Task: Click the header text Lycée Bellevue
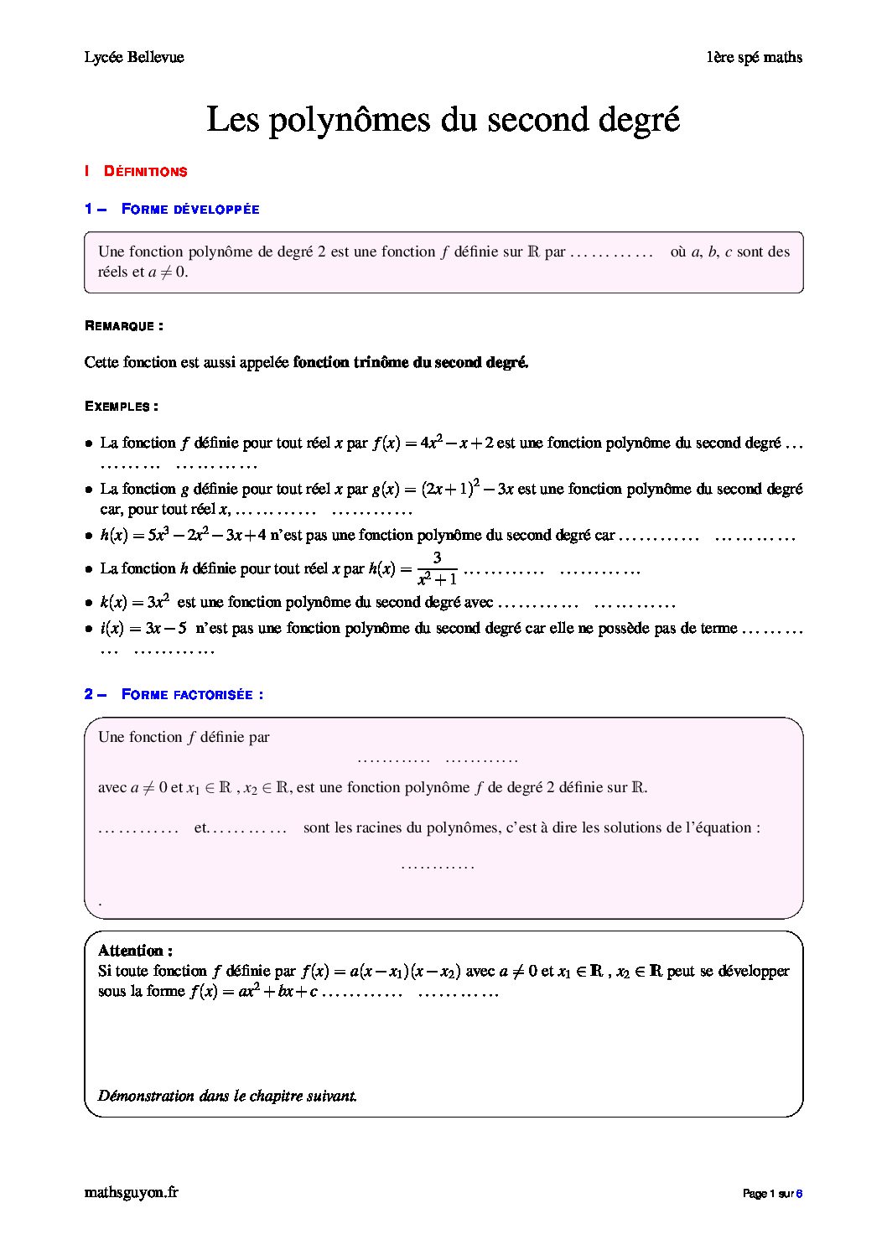[x=134, y=57]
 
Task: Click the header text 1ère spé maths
[x=754, y=57]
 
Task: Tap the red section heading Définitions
[x=145, y=172]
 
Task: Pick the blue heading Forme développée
[x=190, y=210]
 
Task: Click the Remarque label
[x=123, y=326]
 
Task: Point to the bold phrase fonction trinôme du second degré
[x=411, y=362]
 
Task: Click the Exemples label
[x=122, y=407]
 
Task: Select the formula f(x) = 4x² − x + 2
[x=432, y=443]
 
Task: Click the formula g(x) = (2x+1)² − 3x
[x=443, y=488]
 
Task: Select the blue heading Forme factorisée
[x=192, y=695]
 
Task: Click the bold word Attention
[x=135, y=951]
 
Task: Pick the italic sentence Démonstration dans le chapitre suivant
[x=227, y=1096]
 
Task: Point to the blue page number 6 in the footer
[x=799, y=1194]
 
